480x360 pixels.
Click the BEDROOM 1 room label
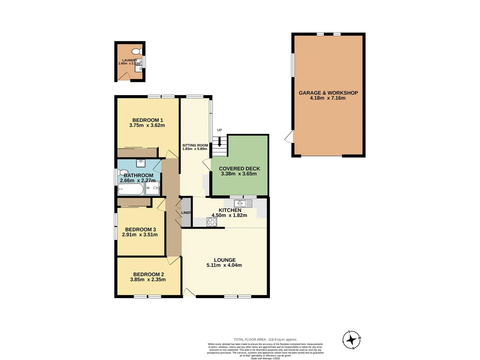tap(147, 120)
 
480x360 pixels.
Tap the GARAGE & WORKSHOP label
tap(328, 93)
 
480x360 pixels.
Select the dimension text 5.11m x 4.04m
tap(224, 265)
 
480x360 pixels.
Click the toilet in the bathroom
tap(121, 173)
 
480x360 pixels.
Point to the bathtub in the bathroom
tap(130, 190)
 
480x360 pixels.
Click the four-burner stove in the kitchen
tap(212, 222)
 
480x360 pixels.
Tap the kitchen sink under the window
tap(243, 203)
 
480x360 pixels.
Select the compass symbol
tap(351, 340)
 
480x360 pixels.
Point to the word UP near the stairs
tap(219, 130)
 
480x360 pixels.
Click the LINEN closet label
tap(186, 213)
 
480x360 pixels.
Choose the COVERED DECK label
tap(239, 169)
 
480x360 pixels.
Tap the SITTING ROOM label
tap(195, 145)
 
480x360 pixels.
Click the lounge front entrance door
tap(189, 293)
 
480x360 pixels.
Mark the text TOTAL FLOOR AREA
tap(250, 340)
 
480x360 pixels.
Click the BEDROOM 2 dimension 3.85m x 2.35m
tap(148, 280)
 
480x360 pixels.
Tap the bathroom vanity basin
tap(141, 163)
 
